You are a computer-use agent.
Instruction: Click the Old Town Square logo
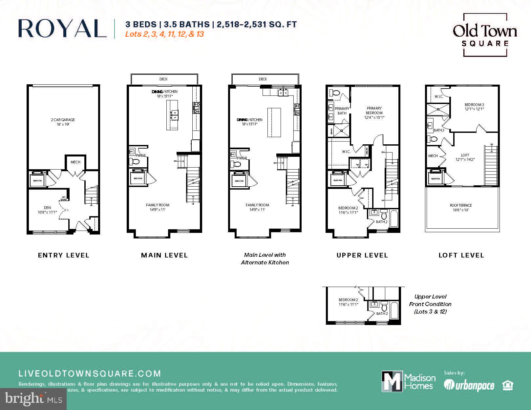[x=485, y=34]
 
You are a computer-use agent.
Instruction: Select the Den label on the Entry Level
[x=47, y=210]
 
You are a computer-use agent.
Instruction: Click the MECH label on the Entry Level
[x=75, y=162]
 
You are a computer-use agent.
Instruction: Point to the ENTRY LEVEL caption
[x=64, y=255]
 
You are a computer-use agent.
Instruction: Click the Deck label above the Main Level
[x=163, y=79]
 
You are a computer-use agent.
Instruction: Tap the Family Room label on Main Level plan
[x=158, y=207]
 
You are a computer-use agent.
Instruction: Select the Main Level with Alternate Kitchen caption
[x=265, y=258]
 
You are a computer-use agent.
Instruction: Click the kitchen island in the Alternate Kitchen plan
[x=274, y=122]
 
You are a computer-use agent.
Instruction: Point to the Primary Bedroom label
[x=374, y=113]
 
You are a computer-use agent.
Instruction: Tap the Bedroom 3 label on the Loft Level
[x=474, y=107]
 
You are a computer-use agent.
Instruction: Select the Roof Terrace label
[x=461, y=207]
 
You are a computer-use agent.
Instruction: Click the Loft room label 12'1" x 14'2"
[x=465, y=157]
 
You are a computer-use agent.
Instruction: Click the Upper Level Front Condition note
[x=430, y=304]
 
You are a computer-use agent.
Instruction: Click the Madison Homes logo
[x=409, y=381]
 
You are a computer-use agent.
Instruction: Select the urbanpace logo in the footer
[x=469, y=385]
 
